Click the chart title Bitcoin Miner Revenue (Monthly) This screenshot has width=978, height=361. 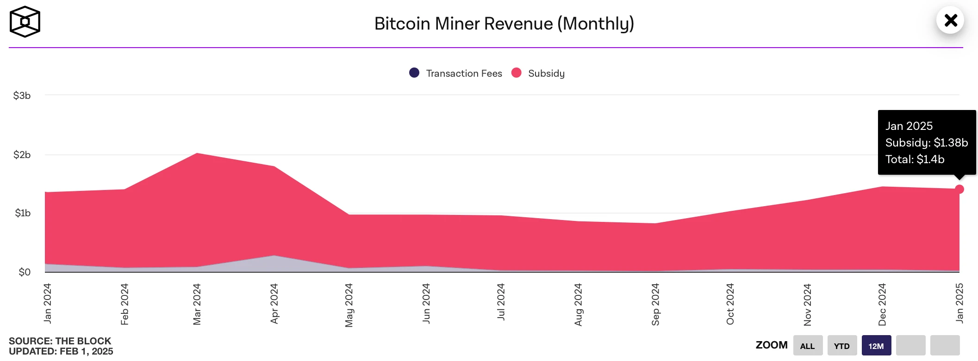point(504,24)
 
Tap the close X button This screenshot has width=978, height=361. point(950,20)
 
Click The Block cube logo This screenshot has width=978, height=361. point(25,22)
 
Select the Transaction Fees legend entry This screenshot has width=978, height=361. point(456,73)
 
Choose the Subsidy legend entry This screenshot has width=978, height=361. point(538,73)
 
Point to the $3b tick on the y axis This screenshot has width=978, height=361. point(22,96)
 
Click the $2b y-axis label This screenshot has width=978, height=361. point(22,155)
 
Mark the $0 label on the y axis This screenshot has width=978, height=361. point(25,272)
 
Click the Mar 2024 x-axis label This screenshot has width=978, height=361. point(197,304)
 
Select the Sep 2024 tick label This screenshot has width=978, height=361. point(655,304)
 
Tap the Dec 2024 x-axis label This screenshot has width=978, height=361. point(882,304)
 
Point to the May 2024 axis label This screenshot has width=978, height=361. point(349,305)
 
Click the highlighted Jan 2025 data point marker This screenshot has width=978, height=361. point(959,189)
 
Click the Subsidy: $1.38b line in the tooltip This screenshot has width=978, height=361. point(927,143)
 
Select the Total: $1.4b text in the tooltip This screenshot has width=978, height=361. point(915,159)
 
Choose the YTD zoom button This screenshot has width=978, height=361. point(842,346)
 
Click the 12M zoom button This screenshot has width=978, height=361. point(876,346)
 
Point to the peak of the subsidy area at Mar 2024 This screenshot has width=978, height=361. point(197,153)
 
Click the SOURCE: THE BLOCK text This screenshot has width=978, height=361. point(60,341)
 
